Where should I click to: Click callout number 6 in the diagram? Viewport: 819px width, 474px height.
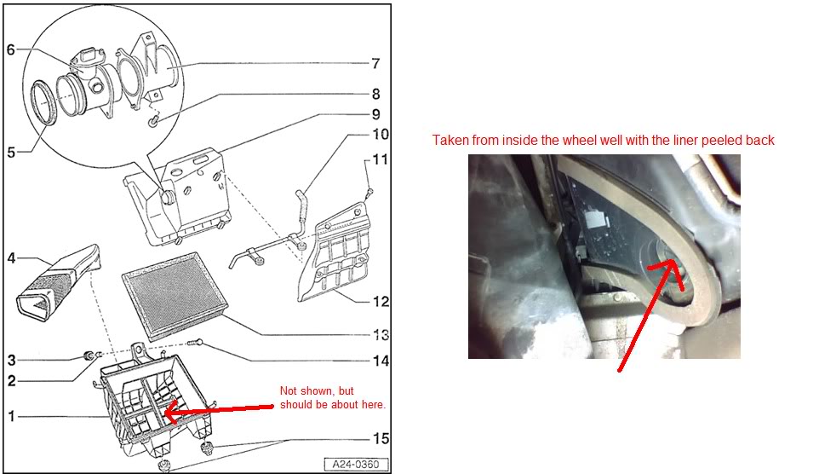(x=11, y=49)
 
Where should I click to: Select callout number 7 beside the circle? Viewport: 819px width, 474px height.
(x=374, y=63)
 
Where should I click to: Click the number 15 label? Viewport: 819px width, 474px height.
(x=379, y=438)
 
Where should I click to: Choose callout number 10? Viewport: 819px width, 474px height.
(x=380, y=134)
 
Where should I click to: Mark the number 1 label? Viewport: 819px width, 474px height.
(x=11, y=416)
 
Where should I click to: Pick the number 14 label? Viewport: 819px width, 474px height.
(x=380, y=361)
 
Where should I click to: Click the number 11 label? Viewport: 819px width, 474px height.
(x=379, y=159)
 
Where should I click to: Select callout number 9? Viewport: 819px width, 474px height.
(x=375, y=114)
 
